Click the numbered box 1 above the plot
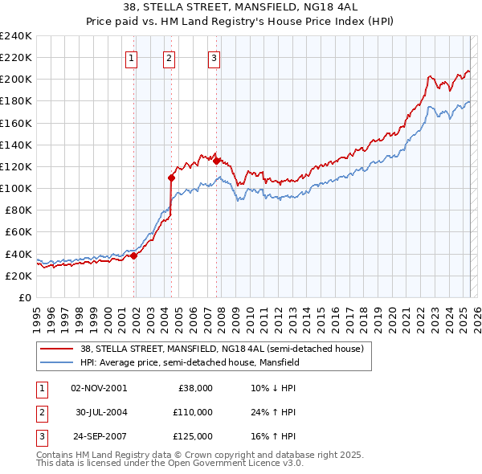[131, 57]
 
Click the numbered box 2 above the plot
[170, 57]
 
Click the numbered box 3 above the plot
[214, 57]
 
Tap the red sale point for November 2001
[134, 255]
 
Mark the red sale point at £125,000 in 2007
[217, 161]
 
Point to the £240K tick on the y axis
[16, 36]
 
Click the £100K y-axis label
[16, 188]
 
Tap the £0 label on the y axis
[24, 297]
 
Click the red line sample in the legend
[55, 349]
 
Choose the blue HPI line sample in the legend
[55, 362]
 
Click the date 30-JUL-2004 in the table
[102, 412]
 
